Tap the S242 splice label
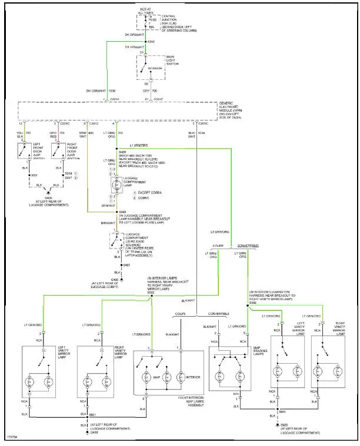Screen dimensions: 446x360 [151, 42]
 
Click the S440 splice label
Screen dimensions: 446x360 [123, 212]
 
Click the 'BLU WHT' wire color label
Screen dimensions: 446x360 [191, 135]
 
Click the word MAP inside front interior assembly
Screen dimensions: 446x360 [157, 377]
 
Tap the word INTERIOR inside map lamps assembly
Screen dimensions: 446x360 [193, 377]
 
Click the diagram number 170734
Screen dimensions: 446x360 [12, 437]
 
